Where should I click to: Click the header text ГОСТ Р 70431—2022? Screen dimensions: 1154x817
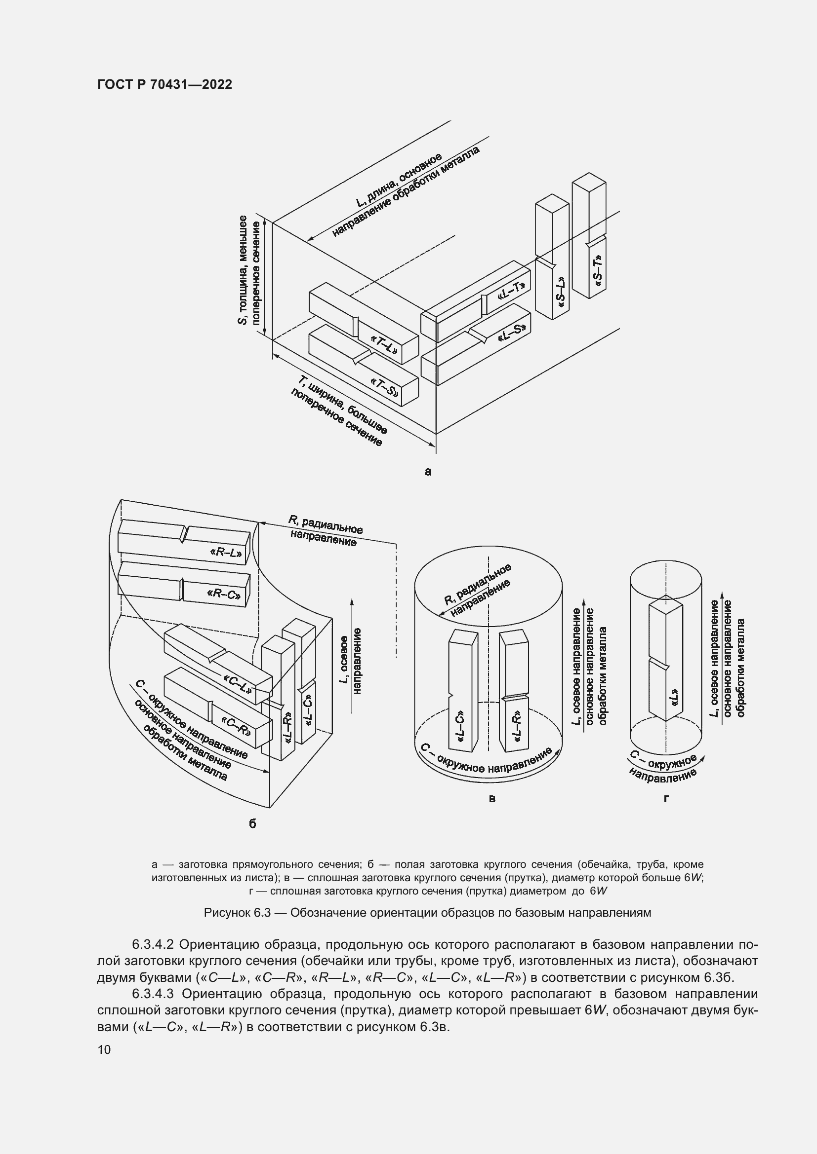tap(164, 84)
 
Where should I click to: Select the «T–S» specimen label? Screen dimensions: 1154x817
tap(384, 387)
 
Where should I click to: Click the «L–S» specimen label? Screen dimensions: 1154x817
tap(511, 333)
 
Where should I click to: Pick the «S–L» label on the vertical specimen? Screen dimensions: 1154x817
tap(561, 293)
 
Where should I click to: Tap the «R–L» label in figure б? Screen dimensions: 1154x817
tap(226, 554)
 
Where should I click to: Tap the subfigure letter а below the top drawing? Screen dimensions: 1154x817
tap(428, 472)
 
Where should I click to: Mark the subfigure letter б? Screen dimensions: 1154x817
tap(252, 824)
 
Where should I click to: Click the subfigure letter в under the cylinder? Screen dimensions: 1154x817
tap(492, 798)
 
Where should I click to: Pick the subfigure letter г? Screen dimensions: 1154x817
tap(666, 798)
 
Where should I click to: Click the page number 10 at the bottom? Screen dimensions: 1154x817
tap(104, 1049)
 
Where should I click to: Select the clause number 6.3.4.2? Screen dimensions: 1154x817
tap(153, 944)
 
